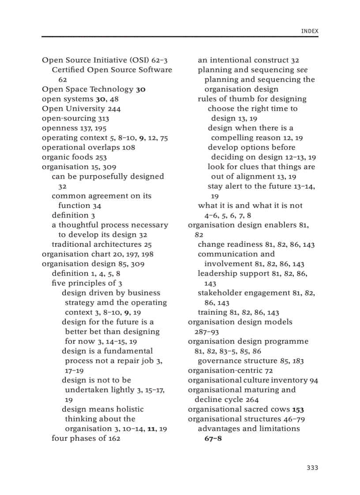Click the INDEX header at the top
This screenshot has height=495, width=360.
(x=309, y=31)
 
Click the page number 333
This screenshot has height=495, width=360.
(x=312, y=468)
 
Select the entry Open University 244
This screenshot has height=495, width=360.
(x=81, y=108)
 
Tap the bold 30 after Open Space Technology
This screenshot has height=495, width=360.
(x=141, y=89)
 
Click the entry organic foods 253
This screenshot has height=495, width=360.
(x=74, y=157)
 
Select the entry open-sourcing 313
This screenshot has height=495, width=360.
(x=75, y=118)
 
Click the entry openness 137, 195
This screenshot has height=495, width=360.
(x=74, y=128)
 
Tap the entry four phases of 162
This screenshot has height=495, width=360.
(x=86, y=438)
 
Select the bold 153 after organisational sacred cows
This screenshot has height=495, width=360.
(x=298, y=409)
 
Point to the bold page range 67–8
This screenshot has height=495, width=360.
(x=213, y=439)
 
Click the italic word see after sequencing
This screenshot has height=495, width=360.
(x=302, y=70)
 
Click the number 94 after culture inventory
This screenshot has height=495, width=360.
(x=314, y=380)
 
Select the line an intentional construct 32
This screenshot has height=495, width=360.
(x=248, y=60)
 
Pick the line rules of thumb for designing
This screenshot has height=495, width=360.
(x=252, y=99)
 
